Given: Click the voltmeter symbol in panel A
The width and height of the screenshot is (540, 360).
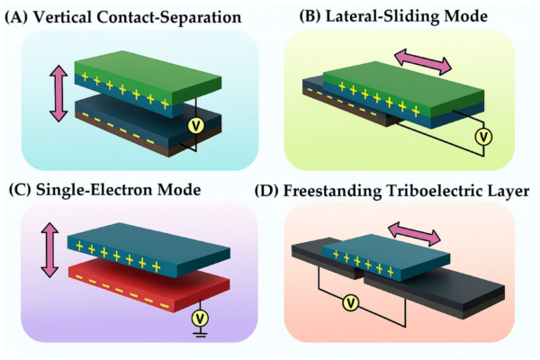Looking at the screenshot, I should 193,127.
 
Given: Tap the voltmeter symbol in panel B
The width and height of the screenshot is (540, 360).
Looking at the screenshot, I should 482,137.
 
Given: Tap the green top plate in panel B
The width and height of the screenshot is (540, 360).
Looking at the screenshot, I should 396,85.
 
